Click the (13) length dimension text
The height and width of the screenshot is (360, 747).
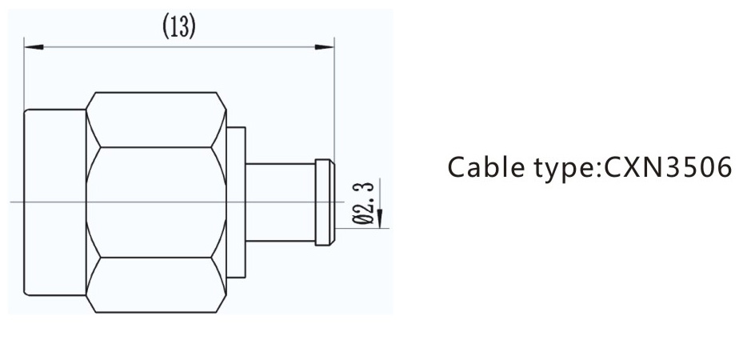click(179, 27)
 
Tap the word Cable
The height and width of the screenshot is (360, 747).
click(481, 169)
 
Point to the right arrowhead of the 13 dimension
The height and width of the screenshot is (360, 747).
click(324, 47)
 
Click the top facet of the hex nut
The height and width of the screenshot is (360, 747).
click(154, 119)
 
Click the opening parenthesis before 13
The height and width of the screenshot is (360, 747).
click(166, 27)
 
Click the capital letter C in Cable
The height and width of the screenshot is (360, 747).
click(456, 169)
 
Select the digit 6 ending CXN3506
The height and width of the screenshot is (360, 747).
click(724, 169)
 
